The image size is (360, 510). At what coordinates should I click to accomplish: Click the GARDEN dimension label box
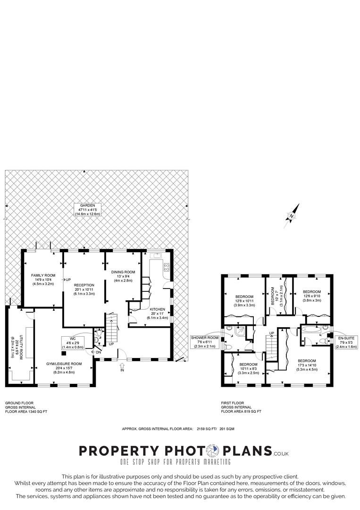pos(88,209)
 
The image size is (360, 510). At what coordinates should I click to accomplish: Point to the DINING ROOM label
pos(123,276)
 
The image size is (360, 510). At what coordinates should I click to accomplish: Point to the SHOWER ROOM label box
pos(204,342)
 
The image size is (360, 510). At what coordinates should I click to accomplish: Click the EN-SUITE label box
pos(347,342)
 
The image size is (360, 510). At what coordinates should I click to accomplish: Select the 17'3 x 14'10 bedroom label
pos(307,365)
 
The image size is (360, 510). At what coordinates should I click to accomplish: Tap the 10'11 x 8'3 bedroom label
pos(248,369)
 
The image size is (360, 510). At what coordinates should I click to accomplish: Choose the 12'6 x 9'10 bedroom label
pos(312,296)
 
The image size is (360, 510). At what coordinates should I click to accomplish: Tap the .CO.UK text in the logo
pos(281,453)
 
